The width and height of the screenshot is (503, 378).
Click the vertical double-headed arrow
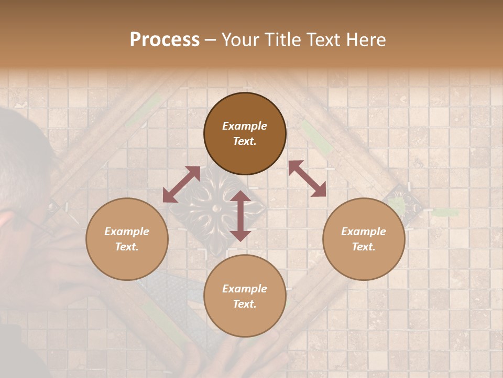coord(240,216)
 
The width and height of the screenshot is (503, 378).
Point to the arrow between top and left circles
coord(181,184)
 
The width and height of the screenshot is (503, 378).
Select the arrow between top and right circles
coord(307,178)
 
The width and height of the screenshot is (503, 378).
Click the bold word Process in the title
coord(165,40)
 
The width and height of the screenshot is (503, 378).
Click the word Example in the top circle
coord(245,126)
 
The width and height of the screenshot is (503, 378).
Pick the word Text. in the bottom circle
coord(245,304)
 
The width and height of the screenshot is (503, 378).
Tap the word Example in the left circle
coord(127,232)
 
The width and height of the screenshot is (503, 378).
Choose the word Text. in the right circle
coord(364,247)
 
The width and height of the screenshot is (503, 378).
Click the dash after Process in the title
coord(211,40)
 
